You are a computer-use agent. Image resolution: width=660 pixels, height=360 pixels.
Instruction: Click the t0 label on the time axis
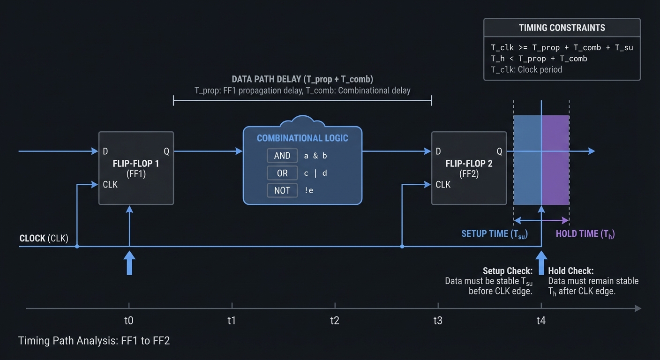point(129,321)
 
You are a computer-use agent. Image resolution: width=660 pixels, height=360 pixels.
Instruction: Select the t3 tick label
point(438,321)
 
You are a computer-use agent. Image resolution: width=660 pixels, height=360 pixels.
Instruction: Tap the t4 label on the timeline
point(541,321)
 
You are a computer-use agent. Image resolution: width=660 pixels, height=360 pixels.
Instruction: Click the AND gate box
point(282,156)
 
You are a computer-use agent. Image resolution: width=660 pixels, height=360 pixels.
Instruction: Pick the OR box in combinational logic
point(282,173)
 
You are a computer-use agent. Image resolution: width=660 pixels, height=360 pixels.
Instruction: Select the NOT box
point(282,190)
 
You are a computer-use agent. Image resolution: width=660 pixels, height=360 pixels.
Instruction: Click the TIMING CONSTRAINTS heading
point(562,28)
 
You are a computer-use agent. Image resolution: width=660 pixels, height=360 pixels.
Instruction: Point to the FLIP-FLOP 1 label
point(136,164)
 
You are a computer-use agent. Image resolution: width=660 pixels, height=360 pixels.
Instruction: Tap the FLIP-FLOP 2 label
point(469,164)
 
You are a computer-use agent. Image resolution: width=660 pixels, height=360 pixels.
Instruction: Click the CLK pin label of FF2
point(443,185)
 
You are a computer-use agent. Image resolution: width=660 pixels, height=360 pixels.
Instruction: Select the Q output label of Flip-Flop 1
point(166,151)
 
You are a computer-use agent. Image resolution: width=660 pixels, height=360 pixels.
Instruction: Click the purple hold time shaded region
point(556,159)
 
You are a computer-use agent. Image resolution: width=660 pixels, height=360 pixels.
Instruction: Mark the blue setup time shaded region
point(527,159)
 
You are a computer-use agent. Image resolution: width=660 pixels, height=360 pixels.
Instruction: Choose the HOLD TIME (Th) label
point(585,233)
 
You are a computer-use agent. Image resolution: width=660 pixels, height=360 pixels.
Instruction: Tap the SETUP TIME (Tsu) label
point(494,233)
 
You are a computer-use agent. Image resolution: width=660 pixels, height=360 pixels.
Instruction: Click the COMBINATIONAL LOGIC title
point(302,138)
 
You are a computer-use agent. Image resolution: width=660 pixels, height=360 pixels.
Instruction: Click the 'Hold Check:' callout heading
point(570,271)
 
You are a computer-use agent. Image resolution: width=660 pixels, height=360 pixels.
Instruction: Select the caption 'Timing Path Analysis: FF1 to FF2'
point(94,341)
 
